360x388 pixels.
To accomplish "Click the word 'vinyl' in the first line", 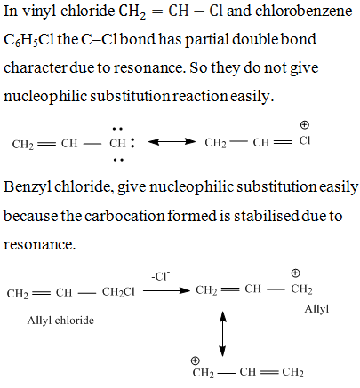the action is point(39,12).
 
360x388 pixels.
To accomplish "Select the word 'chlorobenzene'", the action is point(303,12).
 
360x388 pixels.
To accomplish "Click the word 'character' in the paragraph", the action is point(35,67).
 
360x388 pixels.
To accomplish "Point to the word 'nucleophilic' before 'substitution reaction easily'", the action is point(45,97).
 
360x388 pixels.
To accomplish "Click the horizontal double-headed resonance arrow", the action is point(172,142).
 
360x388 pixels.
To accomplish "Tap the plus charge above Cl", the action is point(304,125).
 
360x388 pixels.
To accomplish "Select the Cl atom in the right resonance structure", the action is point(305,141).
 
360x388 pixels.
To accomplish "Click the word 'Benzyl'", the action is point(28,187).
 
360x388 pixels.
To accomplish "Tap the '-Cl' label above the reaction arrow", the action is point(160,276).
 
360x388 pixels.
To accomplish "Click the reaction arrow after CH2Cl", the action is point(166,290).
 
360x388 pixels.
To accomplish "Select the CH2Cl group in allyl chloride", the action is point(118,292).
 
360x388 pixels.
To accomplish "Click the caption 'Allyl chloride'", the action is point(60,321).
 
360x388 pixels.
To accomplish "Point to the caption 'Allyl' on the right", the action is point(316,309).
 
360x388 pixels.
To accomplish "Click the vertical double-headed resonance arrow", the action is point(222,334).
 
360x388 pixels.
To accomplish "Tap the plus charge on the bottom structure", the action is point(195,360).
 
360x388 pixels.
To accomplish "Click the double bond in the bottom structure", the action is point(268,372).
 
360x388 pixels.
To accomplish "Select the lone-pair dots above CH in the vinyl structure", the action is point(117,129).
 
